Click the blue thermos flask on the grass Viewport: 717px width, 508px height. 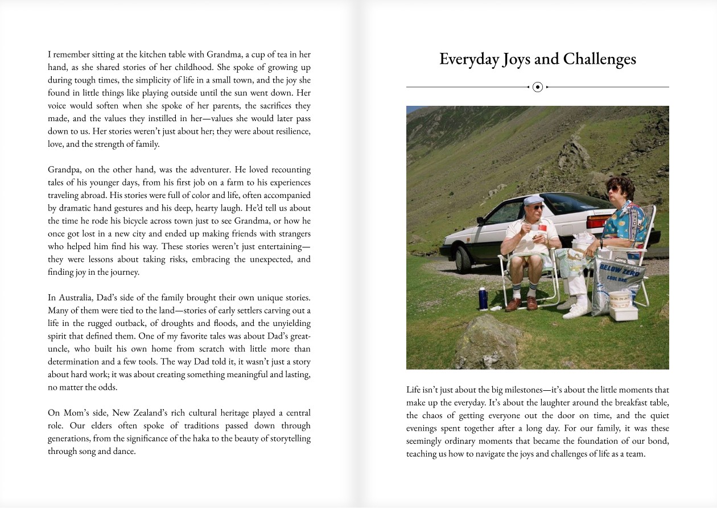tap(483, 298)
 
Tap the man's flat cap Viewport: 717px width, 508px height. tap(533, 199)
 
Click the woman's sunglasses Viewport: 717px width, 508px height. tap(612, 189)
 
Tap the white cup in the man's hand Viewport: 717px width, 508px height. tap(535, 226)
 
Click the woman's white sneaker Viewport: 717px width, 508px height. tap(576, 310)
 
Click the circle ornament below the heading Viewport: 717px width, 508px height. tap(538, 87)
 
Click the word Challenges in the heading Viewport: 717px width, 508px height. tap(600, 59)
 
